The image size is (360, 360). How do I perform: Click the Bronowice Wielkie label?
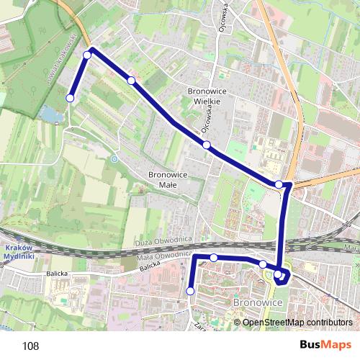point(207,96)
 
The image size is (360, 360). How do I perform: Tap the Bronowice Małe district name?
point(167,179)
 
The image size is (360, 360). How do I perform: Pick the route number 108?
point(30,346)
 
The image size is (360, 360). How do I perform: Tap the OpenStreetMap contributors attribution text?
point(297,322)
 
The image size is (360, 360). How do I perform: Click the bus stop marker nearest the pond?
point(71,98)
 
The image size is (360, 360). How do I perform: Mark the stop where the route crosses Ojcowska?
point(207,145)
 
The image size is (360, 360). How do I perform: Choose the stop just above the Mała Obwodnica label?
point(214,258)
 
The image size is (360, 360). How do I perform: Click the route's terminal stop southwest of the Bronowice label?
point(190,291)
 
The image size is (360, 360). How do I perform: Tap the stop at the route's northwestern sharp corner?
point(87,55)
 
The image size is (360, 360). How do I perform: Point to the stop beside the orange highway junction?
point(279,184)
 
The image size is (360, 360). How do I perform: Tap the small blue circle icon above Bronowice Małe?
point(114,158)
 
